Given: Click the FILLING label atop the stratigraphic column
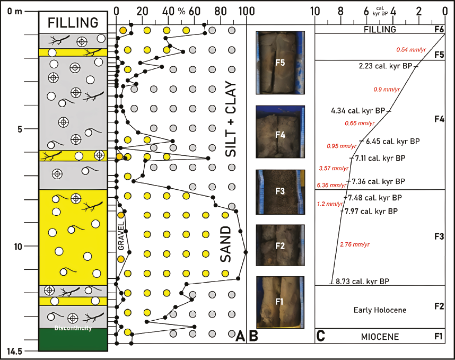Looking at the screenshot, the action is (73, 23).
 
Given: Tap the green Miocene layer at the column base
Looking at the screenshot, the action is (73, 339).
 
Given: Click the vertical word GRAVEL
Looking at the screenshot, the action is (121, 240).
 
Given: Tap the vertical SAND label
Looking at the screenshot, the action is (225, 243).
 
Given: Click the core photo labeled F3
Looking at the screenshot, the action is (280, 191).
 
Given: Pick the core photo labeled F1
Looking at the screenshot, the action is (280, 301).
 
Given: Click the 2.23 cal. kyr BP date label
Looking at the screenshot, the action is (386, 67).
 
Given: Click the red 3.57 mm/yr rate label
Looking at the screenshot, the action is (334, 169).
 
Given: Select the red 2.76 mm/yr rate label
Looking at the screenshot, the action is (354, 244).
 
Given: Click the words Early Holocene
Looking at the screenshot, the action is (379, 310).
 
